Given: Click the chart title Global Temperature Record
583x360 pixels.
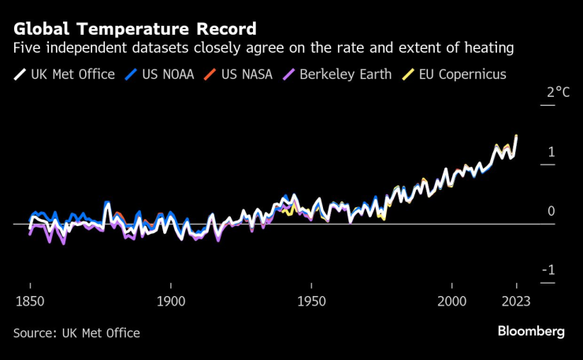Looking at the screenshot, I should (x=135, y=29).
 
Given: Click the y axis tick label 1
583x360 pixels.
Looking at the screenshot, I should (x=552, y=151).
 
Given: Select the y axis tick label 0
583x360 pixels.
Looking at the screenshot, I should (x=551, y=211).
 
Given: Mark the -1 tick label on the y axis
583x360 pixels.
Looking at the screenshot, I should (x=549, y=270).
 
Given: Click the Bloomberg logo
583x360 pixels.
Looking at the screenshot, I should (x=531, y=332).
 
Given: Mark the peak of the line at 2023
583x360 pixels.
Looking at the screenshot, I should (x=516, y=135).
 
